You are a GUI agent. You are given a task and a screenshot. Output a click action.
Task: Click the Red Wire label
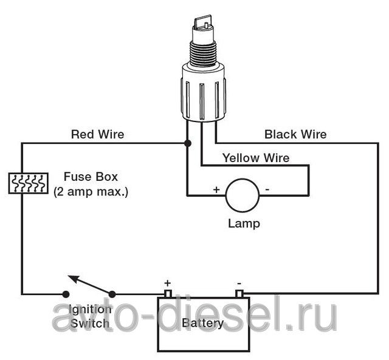pos(97,134)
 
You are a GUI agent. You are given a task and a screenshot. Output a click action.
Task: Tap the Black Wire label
pos(295,134)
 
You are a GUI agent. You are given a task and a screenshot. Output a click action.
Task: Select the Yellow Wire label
pos(255,158)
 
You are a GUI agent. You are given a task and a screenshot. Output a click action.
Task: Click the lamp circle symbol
pos(243,195)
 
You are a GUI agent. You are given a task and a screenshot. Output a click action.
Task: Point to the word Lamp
pos(243,223)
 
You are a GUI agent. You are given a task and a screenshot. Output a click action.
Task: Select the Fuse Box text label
pos(91,178)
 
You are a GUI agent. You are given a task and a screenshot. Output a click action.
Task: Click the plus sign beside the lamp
pos(216,189)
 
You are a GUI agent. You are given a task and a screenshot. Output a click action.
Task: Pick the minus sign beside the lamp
pos(267,189)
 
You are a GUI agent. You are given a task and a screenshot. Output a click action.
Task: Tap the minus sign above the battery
pos(239,282)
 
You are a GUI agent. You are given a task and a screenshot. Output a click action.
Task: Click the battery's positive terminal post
pos(168,294)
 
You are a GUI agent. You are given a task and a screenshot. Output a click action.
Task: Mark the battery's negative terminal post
pos(239,294)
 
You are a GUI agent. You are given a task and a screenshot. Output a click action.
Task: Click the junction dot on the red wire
pos(187,143)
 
